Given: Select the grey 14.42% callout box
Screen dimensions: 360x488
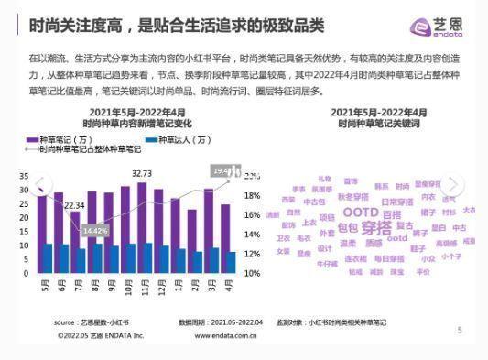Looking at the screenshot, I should (x=95, y=231).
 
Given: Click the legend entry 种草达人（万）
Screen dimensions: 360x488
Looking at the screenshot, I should (x=183, y=140).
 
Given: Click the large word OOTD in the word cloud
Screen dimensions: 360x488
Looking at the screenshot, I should (x=346, y=213).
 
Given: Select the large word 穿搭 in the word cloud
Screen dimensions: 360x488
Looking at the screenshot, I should (x=376, y=228).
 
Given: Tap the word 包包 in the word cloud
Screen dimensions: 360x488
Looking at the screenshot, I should (x=348, y=227).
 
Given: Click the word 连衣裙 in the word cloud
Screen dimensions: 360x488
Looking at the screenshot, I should (x=354, y=259).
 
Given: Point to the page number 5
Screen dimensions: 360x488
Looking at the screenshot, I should (x=460, y=330).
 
